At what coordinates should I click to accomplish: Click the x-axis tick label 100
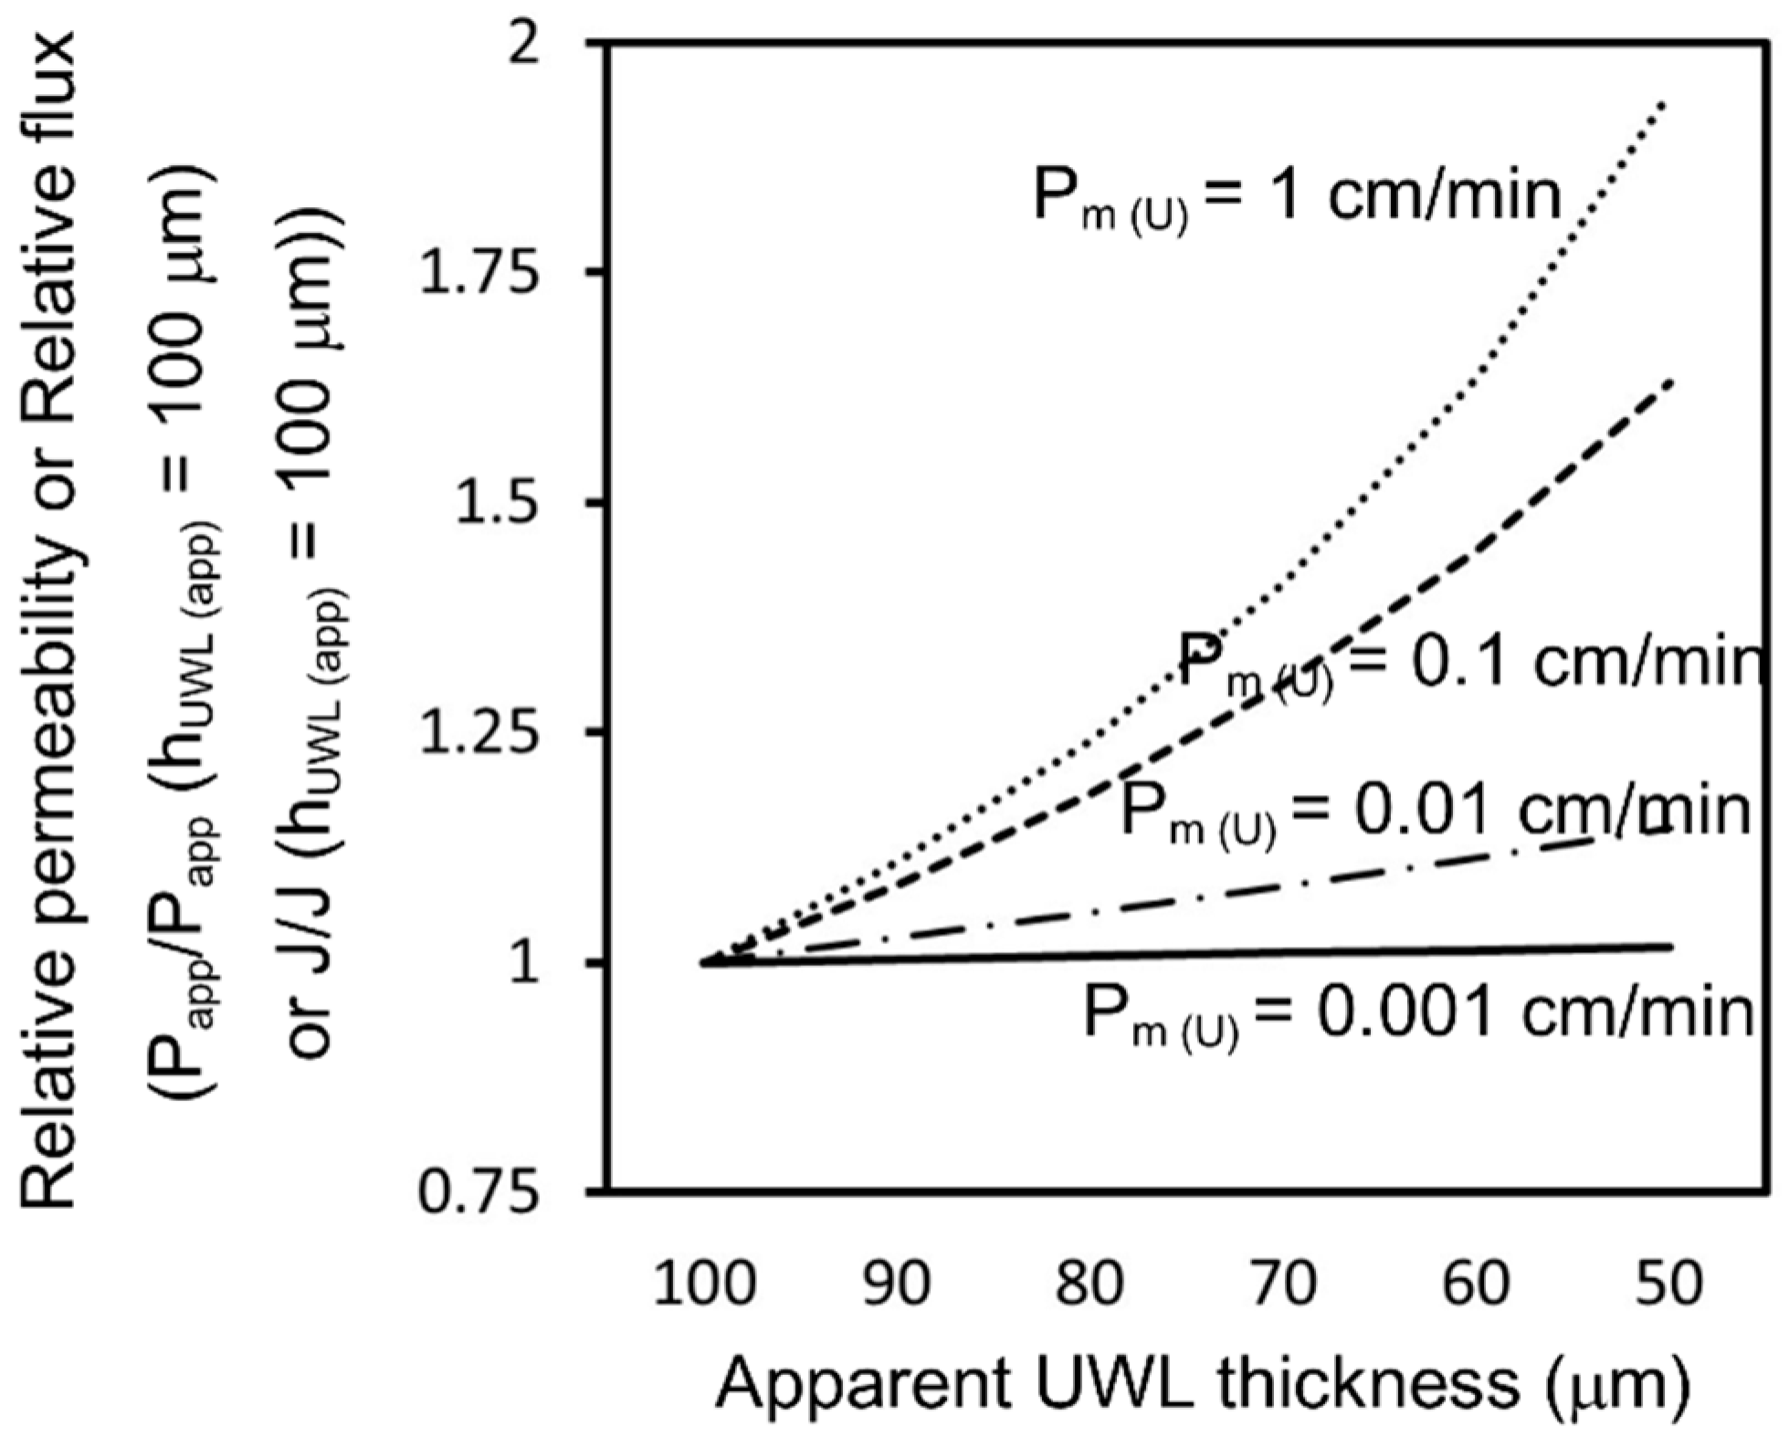click(705, 1283)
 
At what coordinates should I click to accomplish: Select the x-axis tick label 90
click(898, 1283)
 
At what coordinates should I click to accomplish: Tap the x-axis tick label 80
click(1090, 1283)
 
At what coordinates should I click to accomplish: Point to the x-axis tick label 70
click(1283, 1283)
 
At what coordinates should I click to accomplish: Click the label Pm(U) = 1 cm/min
click(1297, 199)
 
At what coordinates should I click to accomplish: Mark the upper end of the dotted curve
click(1665, 103)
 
